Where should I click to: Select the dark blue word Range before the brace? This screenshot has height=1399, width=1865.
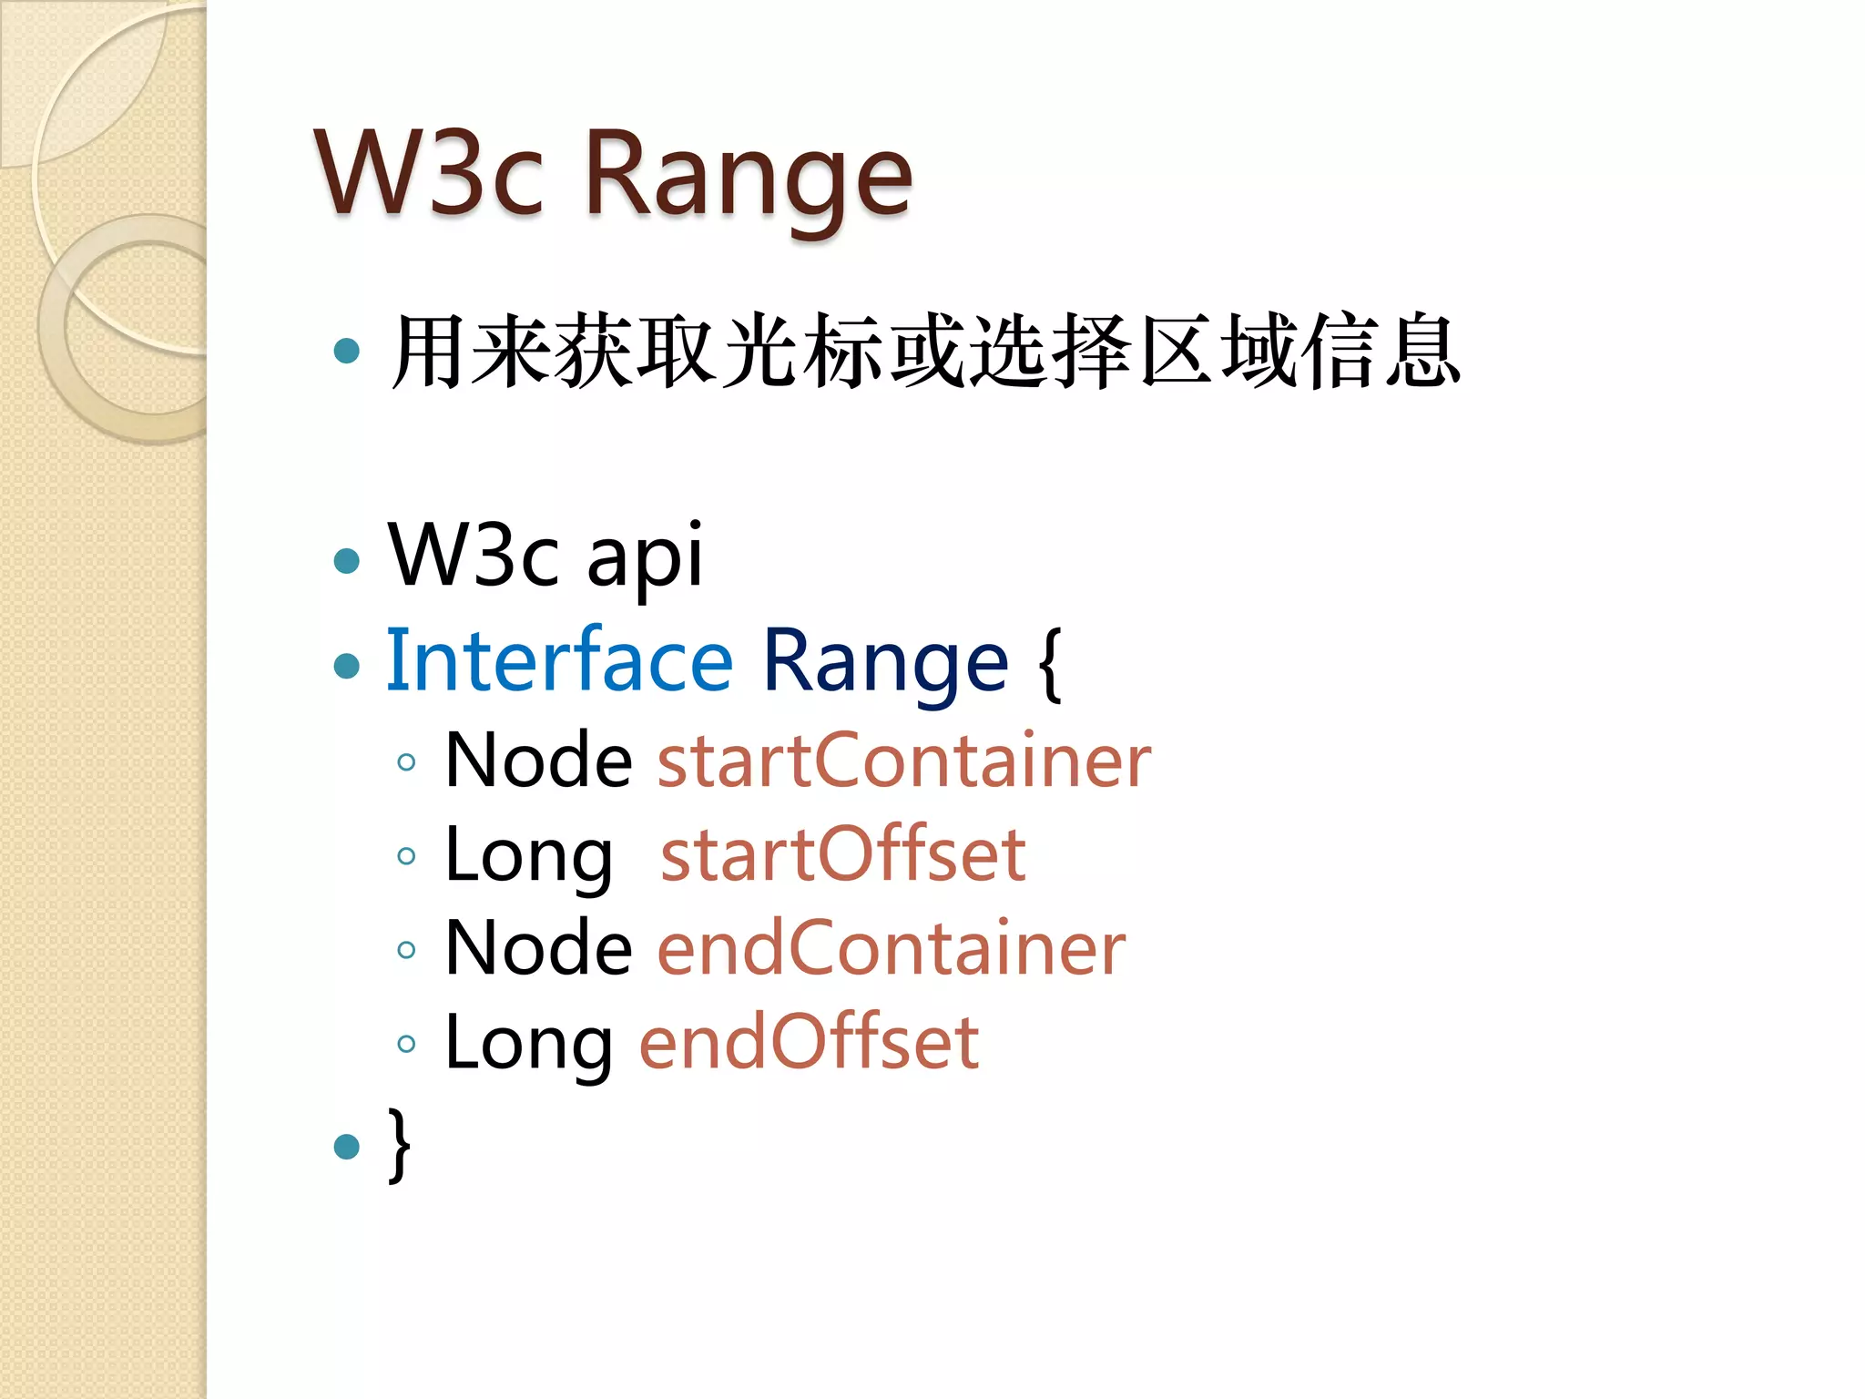point(884,663)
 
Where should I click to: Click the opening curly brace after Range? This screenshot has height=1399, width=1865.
point(1049,663)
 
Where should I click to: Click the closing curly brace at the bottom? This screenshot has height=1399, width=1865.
point(399,1144)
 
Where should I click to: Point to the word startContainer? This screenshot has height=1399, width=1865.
point(903,761)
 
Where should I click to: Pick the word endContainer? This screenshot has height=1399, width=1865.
point(892,948)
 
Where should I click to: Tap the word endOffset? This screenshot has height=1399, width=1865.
point(809,1042)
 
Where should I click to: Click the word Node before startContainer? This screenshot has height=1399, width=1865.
point(538,761)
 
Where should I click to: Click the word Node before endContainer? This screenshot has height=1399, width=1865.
point(538,948)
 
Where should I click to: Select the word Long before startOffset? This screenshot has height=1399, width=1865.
point(528,856)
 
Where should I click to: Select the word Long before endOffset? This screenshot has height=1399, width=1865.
point(528,1044)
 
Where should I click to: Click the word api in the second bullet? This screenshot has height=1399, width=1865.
point(644,556)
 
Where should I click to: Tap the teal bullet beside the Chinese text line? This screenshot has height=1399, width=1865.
point(347,351)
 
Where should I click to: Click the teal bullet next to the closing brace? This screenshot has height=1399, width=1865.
point(347,1146)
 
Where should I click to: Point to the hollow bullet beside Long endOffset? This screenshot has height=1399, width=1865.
point(407,1044)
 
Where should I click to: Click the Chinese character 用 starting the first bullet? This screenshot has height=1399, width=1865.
point(426,351)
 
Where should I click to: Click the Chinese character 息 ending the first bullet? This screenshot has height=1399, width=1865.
point(1423,351)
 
